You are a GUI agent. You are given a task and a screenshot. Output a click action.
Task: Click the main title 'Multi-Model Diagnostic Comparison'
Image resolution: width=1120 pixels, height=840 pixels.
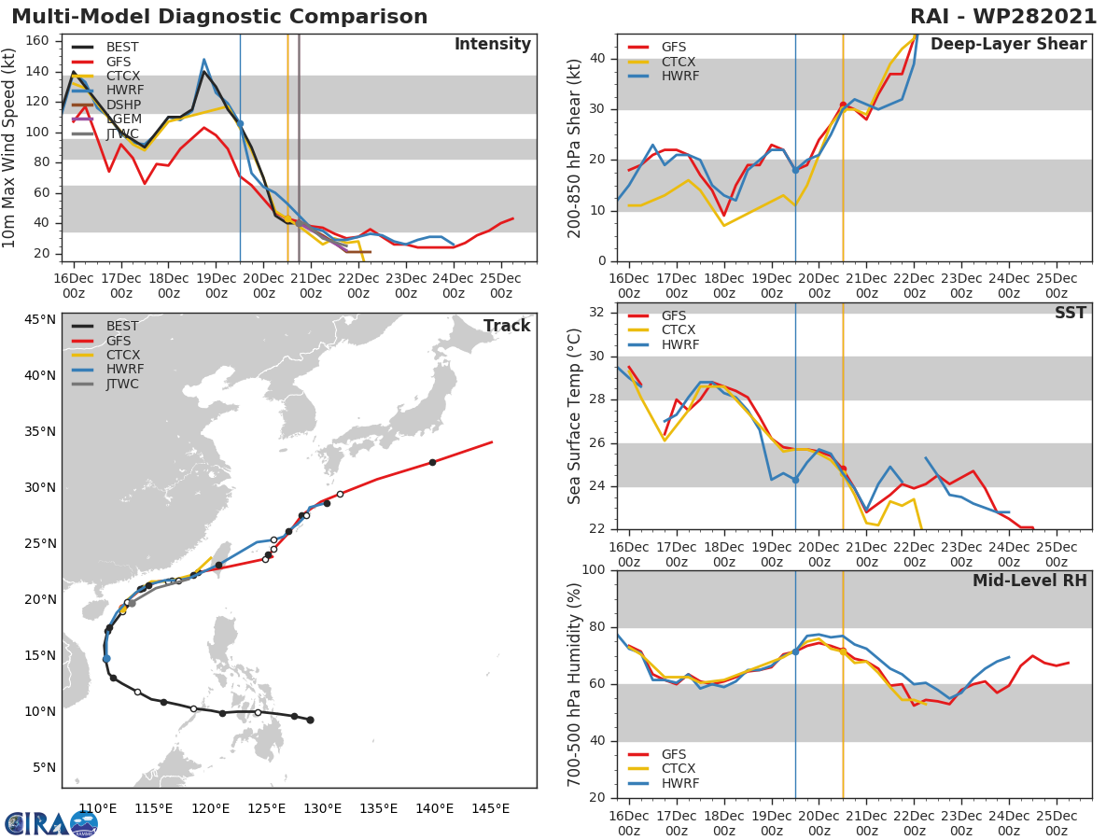pyautogui.click(x=219, y=17)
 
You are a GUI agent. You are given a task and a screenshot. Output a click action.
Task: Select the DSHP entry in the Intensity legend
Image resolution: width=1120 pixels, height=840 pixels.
pyautogui.click(x=123, y=104)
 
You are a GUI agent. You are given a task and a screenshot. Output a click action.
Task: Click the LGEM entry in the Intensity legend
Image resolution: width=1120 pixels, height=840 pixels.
pyautogui.click(x=123, y=119)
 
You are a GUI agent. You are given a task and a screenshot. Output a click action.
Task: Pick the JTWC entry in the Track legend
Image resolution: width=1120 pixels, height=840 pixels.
pyautogui.click(x=123, y=384)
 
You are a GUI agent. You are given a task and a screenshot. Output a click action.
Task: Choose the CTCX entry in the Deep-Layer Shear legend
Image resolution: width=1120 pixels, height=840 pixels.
pyautogui.click(x=679, y=62)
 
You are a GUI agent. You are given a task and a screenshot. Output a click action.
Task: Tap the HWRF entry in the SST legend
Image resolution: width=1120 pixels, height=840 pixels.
pyautogui.click(x=679, y=344)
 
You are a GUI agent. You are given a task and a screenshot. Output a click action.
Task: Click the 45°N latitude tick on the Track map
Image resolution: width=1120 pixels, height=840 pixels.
pyautogui.click(x=39, y=320)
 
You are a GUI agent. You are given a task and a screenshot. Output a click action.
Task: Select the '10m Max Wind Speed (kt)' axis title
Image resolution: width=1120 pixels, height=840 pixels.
pyautogui.click(x=10, y=147)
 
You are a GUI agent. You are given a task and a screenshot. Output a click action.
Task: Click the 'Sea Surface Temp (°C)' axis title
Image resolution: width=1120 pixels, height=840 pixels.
pyautogui.click(x=575, y=416)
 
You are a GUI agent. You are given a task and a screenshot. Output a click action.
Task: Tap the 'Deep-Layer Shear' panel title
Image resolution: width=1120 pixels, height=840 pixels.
pyautogui.click(x=1008, y=45)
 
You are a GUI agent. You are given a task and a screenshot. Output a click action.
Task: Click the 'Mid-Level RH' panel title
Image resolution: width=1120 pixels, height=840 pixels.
pyautogui.click(x=1029, y=581)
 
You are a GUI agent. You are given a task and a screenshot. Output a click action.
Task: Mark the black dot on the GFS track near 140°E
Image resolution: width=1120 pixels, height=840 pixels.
pyautogui.click(x=432, y=462)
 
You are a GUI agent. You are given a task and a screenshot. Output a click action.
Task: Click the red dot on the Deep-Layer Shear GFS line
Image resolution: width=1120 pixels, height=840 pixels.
pyautogui.click(x=843, y=105)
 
